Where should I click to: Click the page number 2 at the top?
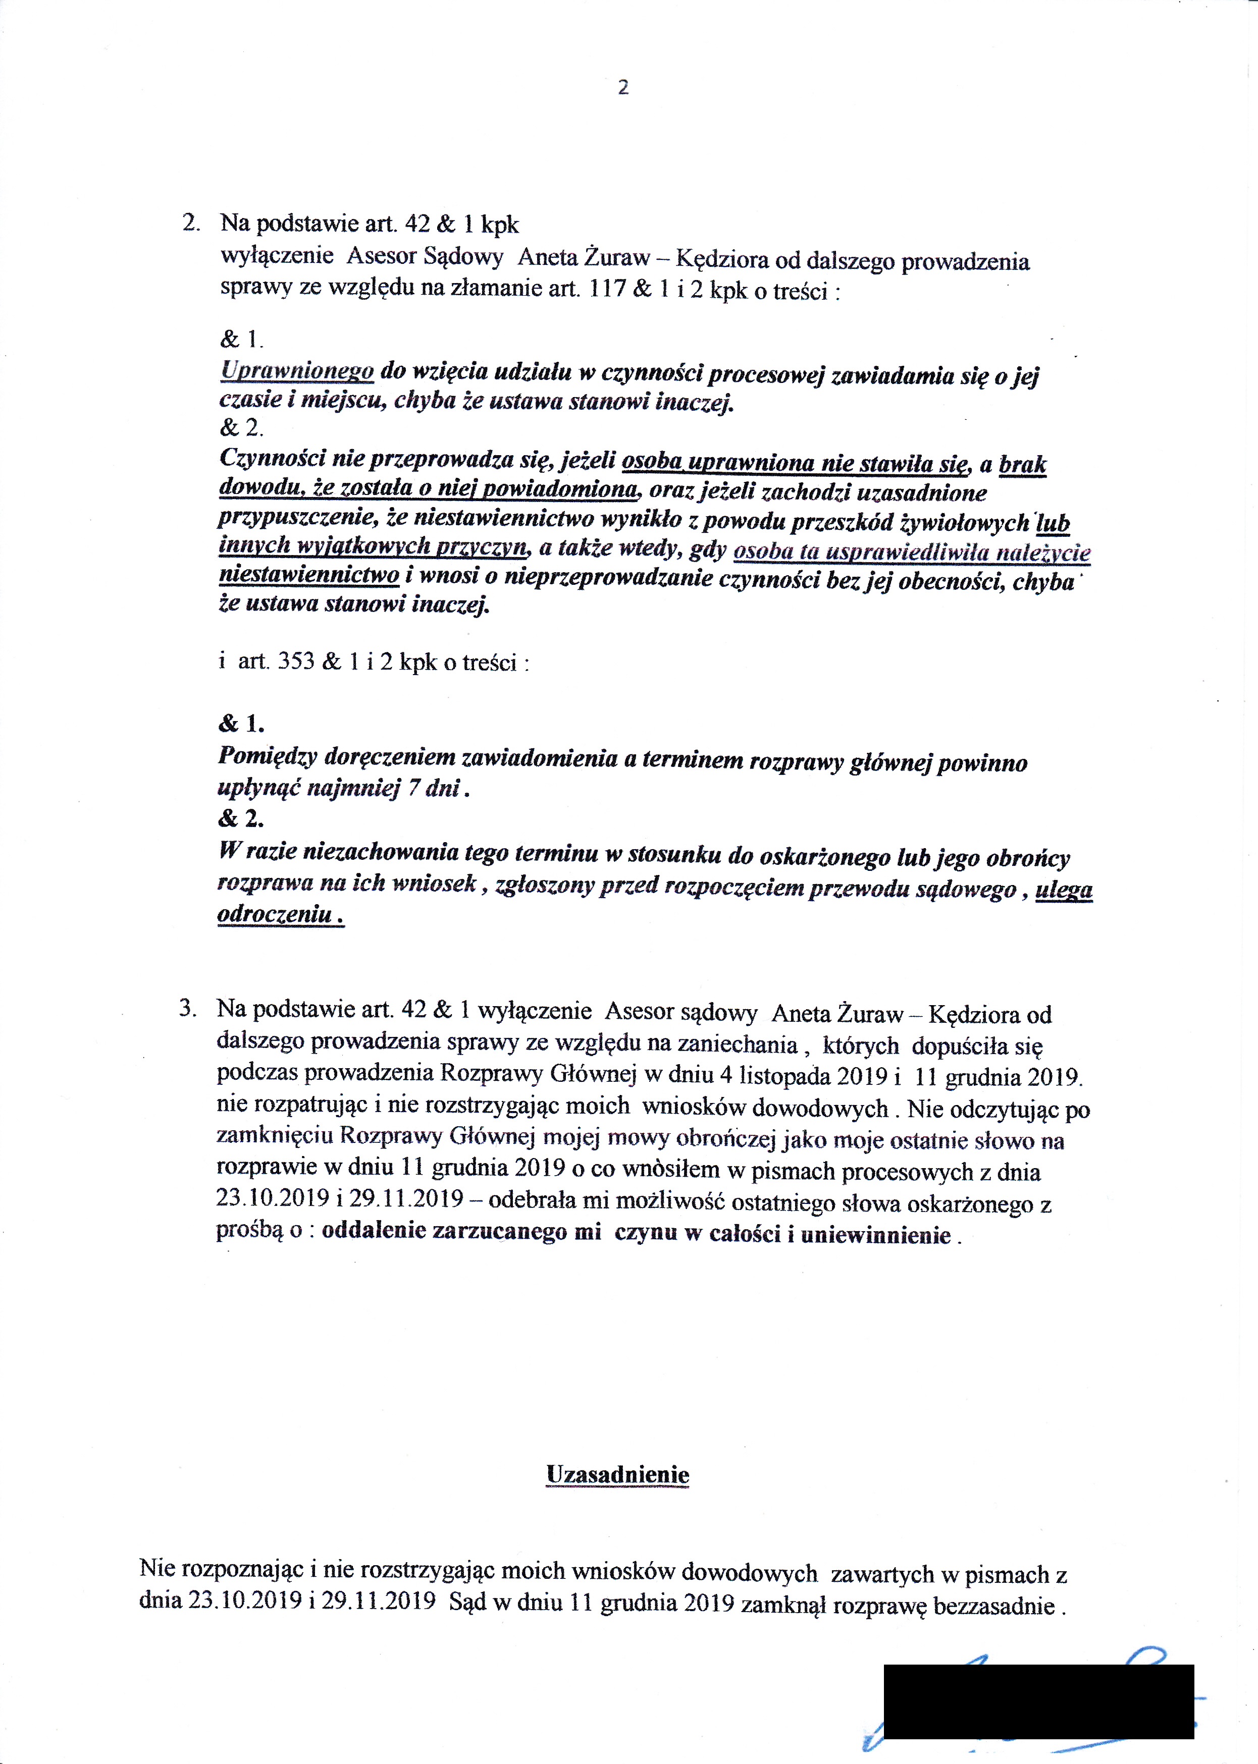623,87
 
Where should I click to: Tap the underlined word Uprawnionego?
297,372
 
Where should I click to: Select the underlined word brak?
1023,465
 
